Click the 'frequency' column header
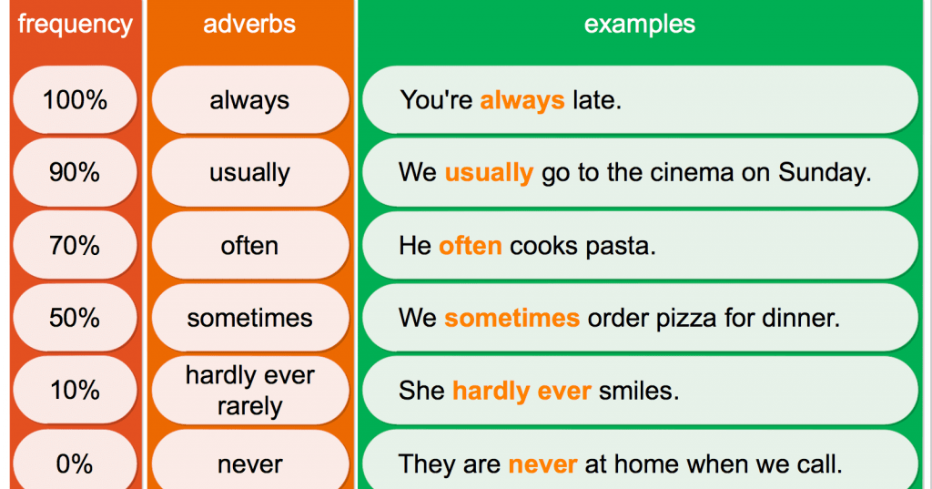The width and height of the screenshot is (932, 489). click(x=75, y=25)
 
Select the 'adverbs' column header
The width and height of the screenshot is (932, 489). click(x=249, y=24)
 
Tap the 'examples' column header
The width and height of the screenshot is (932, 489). click(x=640, y=25)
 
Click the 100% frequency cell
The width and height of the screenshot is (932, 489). click(x=75, y=99)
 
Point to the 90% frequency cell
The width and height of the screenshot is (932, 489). click(x=75, y=172)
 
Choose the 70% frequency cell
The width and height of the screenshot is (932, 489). click(x=75, y=245)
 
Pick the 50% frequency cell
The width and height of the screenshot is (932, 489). click(x=75, y=318)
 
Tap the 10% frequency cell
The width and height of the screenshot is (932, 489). click(x=75, y=391)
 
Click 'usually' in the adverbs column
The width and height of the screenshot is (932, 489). click(x=249, y=173)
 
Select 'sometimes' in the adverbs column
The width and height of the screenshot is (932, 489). click(x=249, y=318)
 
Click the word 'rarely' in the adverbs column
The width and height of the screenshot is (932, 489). click(x=249, y=407)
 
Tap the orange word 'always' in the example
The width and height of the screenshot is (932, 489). click(x=522, y=100)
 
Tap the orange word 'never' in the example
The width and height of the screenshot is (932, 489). click(x=542, y=464)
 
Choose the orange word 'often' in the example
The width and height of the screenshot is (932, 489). click(x=471, y=245)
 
